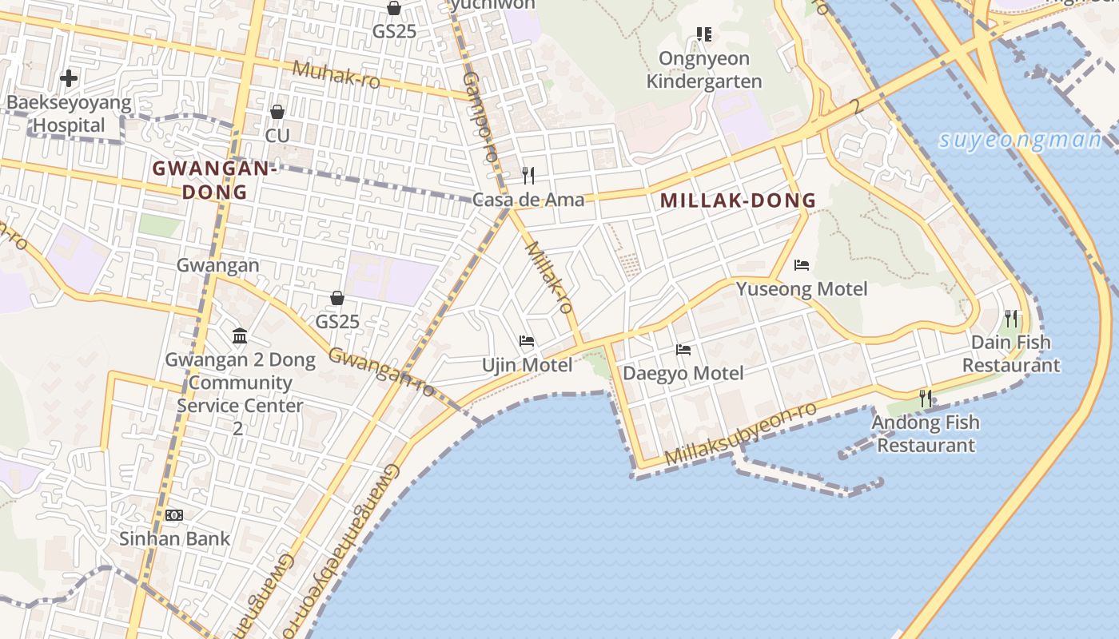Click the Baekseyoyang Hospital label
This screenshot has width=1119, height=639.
[69, 114]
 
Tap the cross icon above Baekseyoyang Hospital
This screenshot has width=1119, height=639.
[69, 78]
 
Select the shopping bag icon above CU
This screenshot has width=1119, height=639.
[277, 112]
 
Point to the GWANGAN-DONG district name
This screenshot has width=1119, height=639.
[214, 181]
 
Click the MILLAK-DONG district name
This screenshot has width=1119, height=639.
[739, 201]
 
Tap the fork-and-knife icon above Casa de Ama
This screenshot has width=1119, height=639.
[528, 176]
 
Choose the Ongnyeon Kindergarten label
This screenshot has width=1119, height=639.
[704, 70]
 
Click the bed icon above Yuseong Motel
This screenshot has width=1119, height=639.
[802, 265]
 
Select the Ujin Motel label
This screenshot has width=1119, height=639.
[527, 365]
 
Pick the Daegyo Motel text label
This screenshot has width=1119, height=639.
[683, 373]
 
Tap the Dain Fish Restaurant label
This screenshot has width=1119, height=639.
[1011, 354]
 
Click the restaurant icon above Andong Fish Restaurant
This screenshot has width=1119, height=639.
[926, 398]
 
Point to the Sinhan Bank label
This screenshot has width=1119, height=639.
[174, 538]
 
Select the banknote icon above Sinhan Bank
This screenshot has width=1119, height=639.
[174, 515]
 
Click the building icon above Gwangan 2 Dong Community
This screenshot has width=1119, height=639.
[240, 336]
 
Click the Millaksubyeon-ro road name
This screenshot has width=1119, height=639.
[740, 435]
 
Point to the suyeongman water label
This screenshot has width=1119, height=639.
[1020, 141]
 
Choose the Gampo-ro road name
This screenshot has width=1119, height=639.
[480, 116]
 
